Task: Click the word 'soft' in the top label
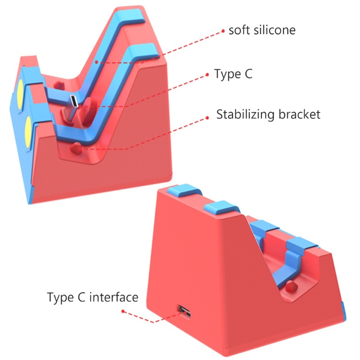point(239,30)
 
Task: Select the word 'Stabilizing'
point(245,114)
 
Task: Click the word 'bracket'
point(299,114)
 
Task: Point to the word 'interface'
point(114,297)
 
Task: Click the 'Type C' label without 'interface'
point(233,74)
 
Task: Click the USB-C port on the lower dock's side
point(184,311)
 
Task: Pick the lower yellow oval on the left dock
point(28,132)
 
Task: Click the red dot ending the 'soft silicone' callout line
point(223,31)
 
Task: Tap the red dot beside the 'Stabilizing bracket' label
point(207,117)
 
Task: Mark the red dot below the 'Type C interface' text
point(123,311)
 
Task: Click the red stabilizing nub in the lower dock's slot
point(291,286)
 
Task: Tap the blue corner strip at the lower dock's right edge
point(344,311)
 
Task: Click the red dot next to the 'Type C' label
point(207,75)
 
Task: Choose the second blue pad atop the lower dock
point(221,207)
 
